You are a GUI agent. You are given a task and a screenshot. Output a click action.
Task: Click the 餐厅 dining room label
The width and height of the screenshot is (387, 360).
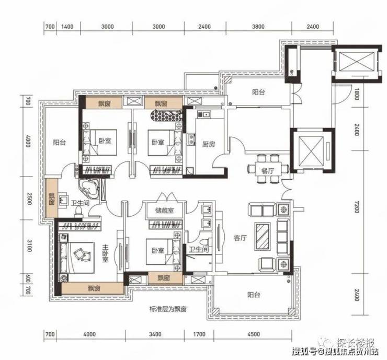268,170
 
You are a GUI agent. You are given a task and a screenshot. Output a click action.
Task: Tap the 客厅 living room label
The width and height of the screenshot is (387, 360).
241,238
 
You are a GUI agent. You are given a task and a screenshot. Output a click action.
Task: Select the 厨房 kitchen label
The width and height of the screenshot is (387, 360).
209,144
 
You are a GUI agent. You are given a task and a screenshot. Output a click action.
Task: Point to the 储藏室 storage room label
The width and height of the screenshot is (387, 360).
165,211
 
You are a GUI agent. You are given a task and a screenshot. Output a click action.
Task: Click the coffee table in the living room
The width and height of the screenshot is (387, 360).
263,236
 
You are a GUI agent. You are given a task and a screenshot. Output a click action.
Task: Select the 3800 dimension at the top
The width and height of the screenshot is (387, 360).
258,26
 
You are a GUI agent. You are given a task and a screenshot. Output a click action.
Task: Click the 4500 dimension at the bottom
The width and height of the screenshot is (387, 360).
254,334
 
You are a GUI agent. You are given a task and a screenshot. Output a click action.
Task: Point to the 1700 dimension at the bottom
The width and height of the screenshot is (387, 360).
199,334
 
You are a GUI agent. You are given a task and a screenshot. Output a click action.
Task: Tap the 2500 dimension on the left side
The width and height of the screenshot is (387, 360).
29,198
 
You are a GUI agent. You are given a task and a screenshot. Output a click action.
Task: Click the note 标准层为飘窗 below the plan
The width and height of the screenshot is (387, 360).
168,309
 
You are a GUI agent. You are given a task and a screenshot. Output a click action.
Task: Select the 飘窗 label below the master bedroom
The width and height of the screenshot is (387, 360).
94,288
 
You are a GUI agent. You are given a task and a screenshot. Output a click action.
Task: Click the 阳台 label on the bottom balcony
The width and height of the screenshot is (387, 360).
254,295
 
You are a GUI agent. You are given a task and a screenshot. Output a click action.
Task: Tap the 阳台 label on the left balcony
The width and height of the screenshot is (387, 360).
60,142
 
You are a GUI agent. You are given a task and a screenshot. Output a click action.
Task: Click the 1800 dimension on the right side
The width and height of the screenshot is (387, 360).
356,94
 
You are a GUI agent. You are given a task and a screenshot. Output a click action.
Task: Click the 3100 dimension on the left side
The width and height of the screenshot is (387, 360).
29,246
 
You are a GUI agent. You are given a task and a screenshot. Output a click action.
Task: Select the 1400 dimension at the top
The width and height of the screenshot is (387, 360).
67,26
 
